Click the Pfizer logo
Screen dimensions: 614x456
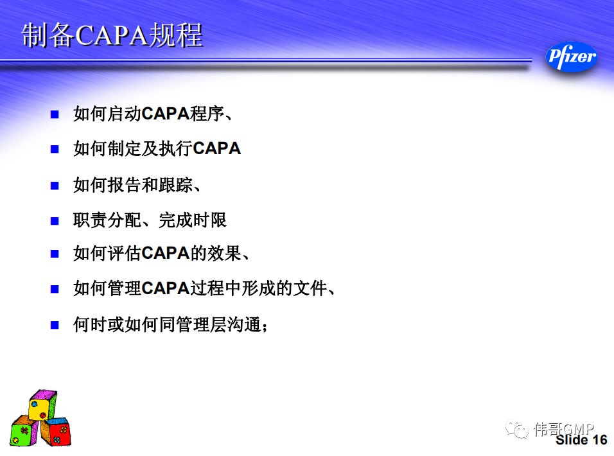point(572,57)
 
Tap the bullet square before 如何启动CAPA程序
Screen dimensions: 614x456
point(55,114)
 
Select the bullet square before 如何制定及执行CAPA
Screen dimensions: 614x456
point(55,149)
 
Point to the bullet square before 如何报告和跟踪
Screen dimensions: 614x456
point(55,186)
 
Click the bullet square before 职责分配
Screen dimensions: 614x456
point(55,221)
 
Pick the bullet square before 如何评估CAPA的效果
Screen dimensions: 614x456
point(55,254)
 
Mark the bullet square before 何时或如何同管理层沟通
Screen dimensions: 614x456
point(55,325)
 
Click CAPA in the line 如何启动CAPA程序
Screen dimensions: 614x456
point(166,114)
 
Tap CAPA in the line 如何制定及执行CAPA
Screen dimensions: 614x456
point(217,149)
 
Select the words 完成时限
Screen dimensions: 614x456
point(193,220)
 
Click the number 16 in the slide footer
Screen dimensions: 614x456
point(599,440)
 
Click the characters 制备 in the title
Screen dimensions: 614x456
point(48,35)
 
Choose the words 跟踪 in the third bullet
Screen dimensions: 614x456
point(175,185)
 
